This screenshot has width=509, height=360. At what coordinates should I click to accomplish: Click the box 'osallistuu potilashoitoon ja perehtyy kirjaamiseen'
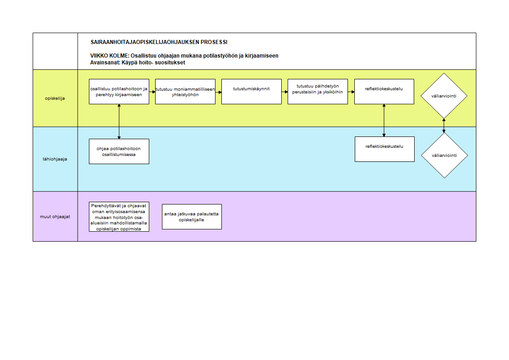[x=119, y=92]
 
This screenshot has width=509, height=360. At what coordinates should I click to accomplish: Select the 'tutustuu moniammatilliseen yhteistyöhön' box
[x=186, y=92]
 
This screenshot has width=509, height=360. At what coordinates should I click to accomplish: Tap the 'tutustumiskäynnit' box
[x=252, y=92]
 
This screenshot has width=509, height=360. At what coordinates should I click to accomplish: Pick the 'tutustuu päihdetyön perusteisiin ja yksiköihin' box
[x=318, y=92]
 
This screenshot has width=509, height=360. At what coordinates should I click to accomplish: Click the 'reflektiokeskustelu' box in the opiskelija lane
[x=384, y=92]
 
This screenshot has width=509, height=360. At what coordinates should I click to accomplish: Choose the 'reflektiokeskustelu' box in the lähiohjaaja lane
[x=385, y=149]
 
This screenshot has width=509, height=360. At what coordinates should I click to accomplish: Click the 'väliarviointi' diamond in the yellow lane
[x=444, y=96]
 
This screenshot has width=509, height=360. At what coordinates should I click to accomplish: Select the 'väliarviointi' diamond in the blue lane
[x=445, y=156]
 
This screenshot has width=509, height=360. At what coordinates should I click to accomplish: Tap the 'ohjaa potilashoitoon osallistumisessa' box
[x=119, y=151]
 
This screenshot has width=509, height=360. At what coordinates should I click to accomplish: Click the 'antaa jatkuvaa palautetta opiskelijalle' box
[x=192, y=217]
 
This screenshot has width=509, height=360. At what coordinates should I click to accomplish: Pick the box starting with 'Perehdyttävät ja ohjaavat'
[x=119, y=217]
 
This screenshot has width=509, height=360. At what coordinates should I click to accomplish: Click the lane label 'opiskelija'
[x=55, y=98]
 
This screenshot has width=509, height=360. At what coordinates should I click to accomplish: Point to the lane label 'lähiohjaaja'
[x=55, y=159]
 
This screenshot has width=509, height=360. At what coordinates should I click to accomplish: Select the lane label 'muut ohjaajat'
[x=55, y=217]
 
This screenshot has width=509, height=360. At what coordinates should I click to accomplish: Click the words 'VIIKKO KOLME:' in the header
[x=110, y=56]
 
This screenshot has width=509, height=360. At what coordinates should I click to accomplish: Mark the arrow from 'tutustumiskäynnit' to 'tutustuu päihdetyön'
[x=285, y=92]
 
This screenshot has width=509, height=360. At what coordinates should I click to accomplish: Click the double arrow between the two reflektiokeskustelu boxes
[x=384, y=120]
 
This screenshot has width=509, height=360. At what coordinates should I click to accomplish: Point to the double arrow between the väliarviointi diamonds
[x=444, y=126]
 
